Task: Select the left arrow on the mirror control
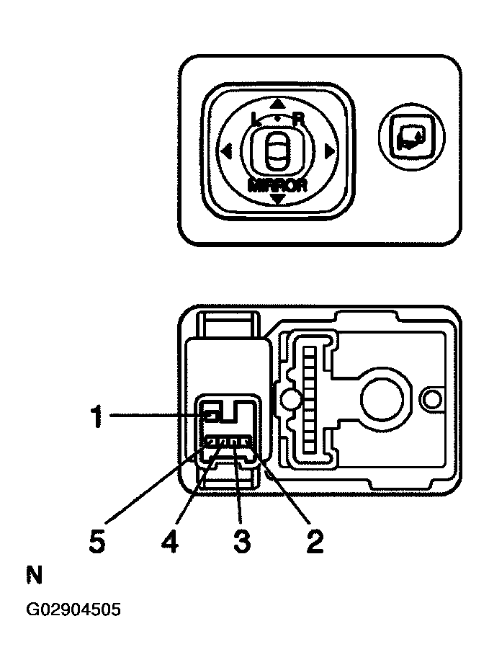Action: [x=226, y=151]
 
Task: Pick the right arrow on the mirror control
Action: [x=329, y=151]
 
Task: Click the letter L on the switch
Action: [x=257, y=120]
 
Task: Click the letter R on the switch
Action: [x=298, y=120]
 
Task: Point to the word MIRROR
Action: [x=277, y=184]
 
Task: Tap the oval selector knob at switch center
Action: [x=277, y=151]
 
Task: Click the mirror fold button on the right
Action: [x=411, y=137]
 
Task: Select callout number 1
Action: [x=97, y=416]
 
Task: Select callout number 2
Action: [x=315, y=540]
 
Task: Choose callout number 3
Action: [x=242, y=540]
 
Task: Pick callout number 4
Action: [x=169, y=540]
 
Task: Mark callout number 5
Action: [x=97, y=540]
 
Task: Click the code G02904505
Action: [x=73, y=610]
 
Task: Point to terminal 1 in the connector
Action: [x=211, y=416]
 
